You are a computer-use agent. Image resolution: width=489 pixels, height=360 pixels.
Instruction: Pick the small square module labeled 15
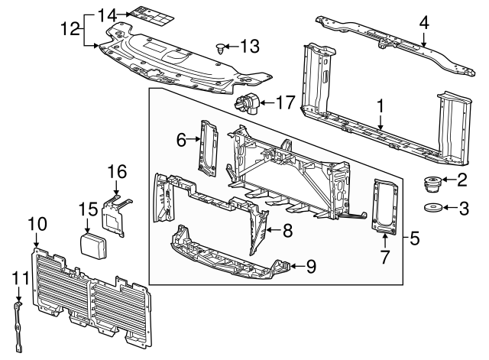point(96,245)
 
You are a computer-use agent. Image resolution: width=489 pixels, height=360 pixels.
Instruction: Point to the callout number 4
point(424,24)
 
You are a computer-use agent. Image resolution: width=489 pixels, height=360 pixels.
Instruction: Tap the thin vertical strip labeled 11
point(18,324)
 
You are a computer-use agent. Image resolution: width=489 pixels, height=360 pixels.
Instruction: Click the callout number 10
point(37,224)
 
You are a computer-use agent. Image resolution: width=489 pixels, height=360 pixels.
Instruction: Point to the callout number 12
point(70,29)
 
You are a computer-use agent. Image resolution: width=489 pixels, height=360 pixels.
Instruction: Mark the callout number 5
point(413,238)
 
